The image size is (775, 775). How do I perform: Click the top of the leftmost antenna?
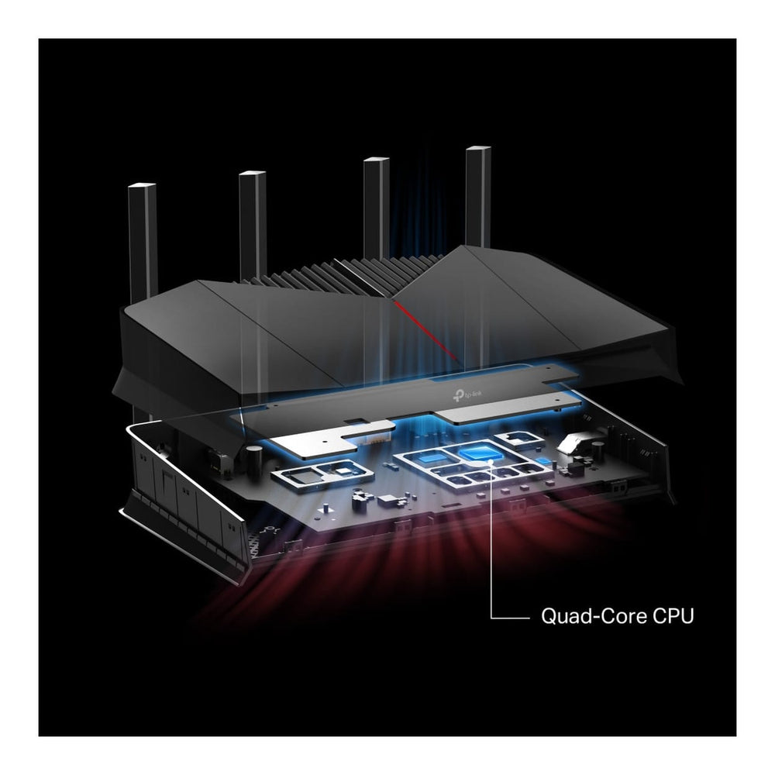(142, 186)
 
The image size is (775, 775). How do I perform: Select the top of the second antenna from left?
(252, 174)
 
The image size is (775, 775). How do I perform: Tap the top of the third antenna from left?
(376, 160)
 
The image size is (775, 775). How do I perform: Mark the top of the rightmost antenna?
(478, 149)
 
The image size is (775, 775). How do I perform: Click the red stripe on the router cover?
(425, 329)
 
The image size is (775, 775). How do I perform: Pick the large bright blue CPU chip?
(479, 453)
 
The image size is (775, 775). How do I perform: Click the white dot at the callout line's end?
(491, 462)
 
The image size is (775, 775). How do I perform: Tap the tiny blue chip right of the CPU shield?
(543, 461)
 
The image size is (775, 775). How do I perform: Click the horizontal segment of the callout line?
(510, 618)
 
